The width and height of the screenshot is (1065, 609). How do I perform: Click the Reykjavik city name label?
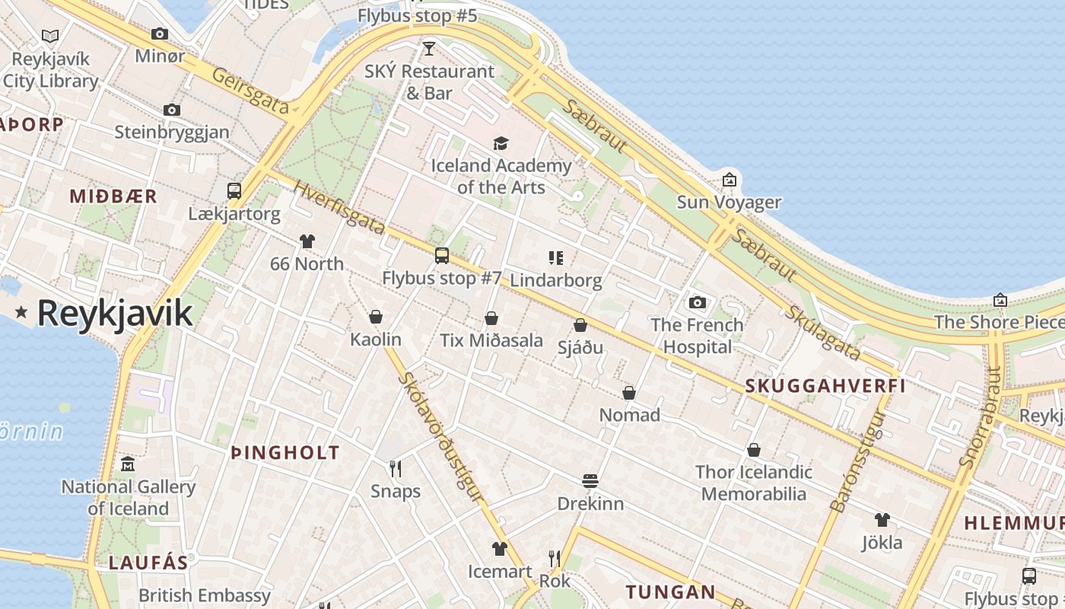tap(114, 313)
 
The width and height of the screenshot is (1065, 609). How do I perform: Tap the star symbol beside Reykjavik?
tap(21, 311)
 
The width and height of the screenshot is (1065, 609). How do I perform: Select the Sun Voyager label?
tap(729, 202)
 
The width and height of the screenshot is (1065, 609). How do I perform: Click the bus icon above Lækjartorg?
tap(234, 191)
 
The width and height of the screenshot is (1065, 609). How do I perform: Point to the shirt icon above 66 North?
tap(307, 241)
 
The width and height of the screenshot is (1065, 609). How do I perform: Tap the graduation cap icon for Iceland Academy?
tap(501, 143)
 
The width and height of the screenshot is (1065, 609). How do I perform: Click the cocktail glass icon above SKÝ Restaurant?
tap(429, 49)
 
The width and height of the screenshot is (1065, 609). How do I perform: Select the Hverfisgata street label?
tap(339, 209)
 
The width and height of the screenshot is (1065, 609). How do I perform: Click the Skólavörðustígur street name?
tap(440, 438)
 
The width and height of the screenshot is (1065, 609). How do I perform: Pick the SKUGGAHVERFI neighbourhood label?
tap(825, 386)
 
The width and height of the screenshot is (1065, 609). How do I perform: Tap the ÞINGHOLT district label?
tap(285, 453)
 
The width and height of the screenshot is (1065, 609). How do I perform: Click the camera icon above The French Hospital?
tap(697, 302)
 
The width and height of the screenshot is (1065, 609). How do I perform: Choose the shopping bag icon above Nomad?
tap(629, 393)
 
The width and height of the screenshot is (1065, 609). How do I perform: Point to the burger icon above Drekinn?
tap(590, 481)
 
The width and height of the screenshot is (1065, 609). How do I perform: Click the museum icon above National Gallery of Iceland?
tap(128, 464)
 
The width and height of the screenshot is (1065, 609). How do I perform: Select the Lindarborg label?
tap(555, 280)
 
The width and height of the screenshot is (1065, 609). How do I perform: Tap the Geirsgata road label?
tap(251, 91)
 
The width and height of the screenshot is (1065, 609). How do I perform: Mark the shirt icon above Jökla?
tap(882, 520)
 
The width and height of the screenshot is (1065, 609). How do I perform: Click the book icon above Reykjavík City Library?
tap(50, 36)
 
